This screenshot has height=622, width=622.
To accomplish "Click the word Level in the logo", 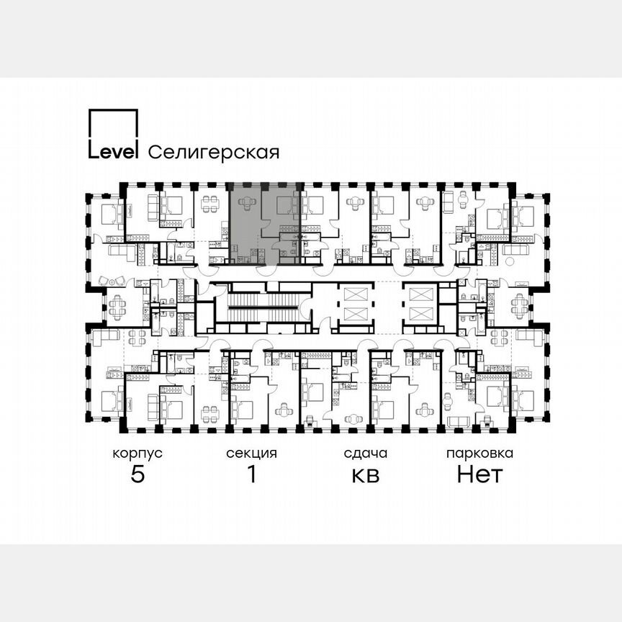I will pyautogui.click(x=113, y=151).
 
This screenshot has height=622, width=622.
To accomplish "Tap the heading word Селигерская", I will pyautogui.click(x=213, y=152).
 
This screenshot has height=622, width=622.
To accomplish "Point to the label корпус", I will pyautogui.click(x=137, y=454).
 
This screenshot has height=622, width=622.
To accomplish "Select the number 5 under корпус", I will pyautogui.click(x=137, y=475).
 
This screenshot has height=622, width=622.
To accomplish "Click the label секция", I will pyautogui.click(x=251, y=454).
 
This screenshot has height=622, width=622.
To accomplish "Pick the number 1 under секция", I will pyautogui.click(x=251, y=475).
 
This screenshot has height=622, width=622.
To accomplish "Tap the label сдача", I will pyautogui.click(x=365, y=454).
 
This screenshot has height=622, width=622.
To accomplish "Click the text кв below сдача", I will pyautogui.click(x=365, y=476).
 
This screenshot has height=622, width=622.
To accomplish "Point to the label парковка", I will pyautogui.click(x=479, y=454).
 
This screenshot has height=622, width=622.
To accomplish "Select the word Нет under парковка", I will pyautogui.click(x=479, y=475).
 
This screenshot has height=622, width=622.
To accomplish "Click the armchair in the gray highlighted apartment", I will pyautogui.click(x=246, y=204).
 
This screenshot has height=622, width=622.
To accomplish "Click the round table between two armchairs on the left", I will pyautogui.click(x=111, y=280).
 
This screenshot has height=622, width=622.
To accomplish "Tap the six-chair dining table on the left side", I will pyautogui.click(x=116, y=308).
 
